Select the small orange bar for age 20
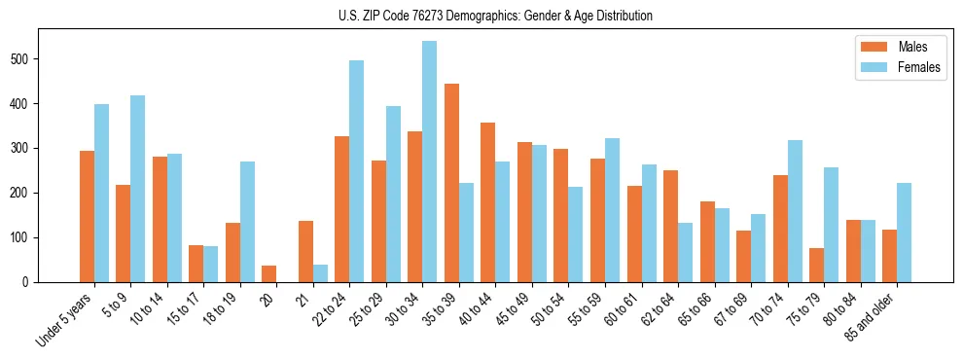point(269,273)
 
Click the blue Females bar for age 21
point(320,273)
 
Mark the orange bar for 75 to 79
point(816,265)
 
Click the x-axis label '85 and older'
point(870,317)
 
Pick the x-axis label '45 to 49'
point(508,311)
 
